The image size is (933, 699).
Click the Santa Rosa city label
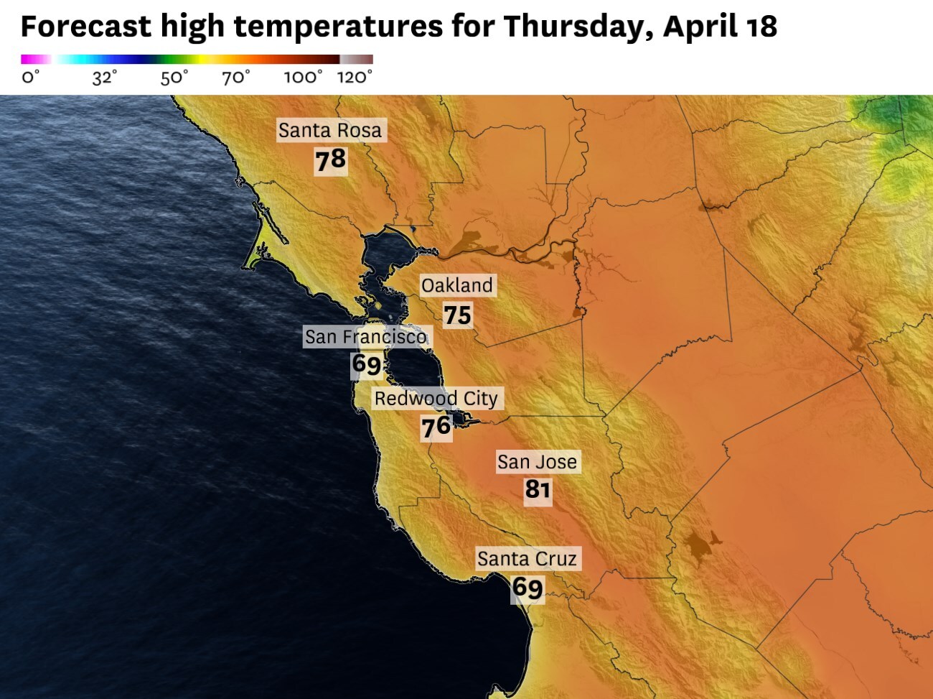point(330,130)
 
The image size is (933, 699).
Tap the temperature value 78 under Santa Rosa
point(330,159)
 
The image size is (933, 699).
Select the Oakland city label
point(457,285)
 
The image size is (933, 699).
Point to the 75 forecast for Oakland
point(457,315)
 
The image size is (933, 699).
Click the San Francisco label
point(365,336)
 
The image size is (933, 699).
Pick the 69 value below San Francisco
point(366,364)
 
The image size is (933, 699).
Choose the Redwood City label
point(436,398)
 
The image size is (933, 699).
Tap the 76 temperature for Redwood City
point(436,427)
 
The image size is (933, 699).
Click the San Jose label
point(537,462)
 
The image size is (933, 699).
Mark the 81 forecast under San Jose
point(538,489)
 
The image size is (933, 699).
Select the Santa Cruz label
point(527,558)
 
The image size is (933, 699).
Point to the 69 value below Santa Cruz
point(528,588)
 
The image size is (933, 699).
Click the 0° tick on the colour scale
point(29,77)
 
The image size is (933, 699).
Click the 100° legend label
point(302,77)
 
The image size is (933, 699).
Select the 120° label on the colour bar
point(355,77)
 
